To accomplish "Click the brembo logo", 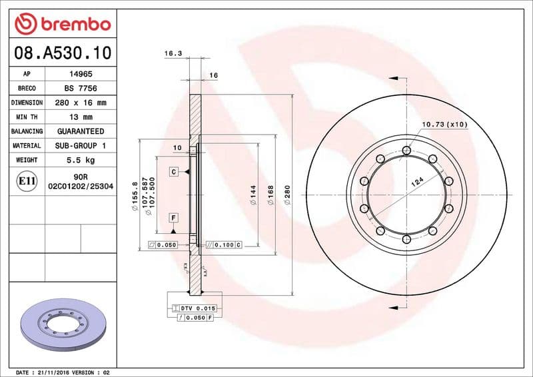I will (62, 24).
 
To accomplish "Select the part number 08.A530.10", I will (62, 53).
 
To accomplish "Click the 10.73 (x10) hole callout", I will (444, 125).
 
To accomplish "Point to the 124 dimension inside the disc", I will (417, 181).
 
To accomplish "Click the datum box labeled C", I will (173, 172).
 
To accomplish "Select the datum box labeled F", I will (173, 218).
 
